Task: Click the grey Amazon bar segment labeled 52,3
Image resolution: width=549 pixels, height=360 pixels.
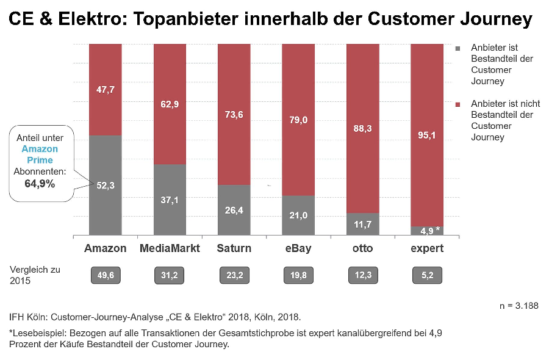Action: [x=105, y=185]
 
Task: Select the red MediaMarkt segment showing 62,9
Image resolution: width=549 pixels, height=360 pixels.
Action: [x=170, y=104]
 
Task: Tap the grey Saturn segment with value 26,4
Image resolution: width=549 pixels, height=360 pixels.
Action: [x=234, y=210]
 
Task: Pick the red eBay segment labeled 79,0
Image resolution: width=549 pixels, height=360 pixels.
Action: [x=298, y=120]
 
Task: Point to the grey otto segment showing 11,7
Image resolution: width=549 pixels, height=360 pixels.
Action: [x=362, y=224]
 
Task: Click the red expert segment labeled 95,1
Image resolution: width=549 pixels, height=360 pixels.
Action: [x=426, y=135]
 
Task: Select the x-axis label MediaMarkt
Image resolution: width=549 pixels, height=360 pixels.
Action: [x=170, y=248]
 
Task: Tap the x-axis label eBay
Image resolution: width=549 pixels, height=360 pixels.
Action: [x=298, y=248]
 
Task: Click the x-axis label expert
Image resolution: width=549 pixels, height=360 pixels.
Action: [x=426, y=248]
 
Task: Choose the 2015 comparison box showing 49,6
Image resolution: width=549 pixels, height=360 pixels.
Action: [x=105, y=275]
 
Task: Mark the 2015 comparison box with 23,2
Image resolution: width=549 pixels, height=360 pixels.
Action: [x=234, y=275]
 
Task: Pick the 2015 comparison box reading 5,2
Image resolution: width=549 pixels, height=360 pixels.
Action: [x=426, y=275]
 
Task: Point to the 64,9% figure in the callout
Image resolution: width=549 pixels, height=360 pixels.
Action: [x=40, y=182]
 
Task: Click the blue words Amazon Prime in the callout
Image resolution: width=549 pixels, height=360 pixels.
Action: [x=40, y=154]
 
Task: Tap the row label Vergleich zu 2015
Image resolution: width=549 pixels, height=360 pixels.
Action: [x=34, y=275]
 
